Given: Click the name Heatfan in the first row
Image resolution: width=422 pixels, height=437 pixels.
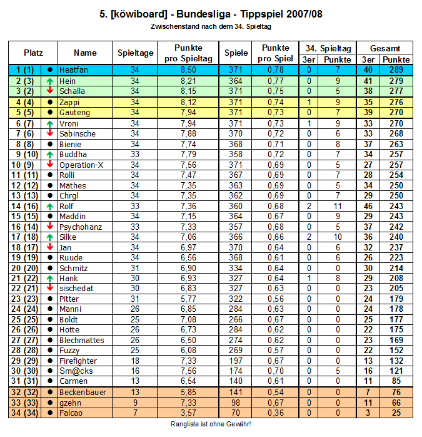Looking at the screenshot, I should [73, 69].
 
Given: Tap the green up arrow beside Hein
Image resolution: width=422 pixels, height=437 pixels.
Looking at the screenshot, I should [49, 81].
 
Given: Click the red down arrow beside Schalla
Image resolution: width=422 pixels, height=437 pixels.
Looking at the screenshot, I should [49, 91].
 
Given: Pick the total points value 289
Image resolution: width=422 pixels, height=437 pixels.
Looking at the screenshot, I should [396, 69].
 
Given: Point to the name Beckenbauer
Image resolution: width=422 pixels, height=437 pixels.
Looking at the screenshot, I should [82, 392].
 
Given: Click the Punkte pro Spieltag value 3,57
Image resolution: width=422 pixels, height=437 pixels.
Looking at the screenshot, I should [188, 413].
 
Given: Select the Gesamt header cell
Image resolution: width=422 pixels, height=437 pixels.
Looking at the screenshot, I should [382, 48].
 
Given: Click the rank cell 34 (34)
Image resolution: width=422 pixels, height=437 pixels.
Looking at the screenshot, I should [25, 413].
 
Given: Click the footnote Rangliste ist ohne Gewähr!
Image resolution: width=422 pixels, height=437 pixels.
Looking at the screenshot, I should [211, 424].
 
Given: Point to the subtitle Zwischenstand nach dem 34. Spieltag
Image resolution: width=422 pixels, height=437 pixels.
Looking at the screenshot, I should [211, 27].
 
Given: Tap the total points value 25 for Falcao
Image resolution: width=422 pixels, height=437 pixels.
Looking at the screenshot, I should [396, 413].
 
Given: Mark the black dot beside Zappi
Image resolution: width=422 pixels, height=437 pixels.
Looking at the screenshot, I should [49, 102].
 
